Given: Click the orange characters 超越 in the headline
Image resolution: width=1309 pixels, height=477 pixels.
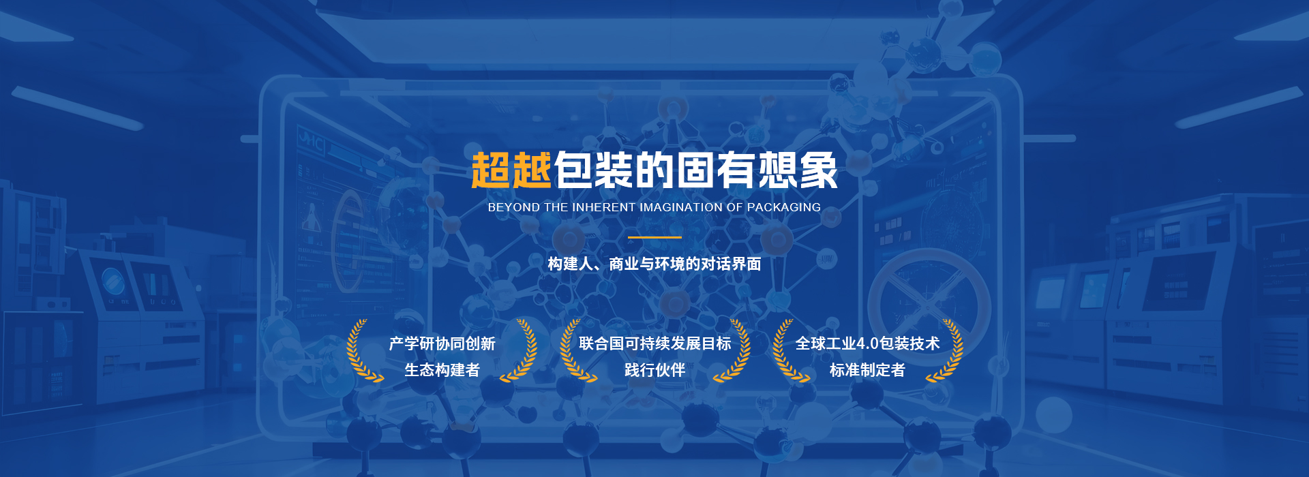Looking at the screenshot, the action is (x=511, y=170).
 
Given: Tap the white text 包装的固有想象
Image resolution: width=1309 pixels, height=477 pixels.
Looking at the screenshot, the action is (x=696, y=170).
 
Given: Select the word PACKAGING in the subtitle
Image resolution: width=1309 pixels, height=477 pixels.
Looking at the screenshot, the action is (x=784, y=207).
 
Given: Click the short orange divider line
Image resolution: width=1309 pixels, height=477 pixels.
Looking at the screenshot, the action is (x=654, y=237).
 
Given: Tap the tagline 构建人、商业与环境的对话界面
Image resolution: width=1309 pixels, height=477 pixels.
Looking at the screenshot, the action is (x=654, y=264).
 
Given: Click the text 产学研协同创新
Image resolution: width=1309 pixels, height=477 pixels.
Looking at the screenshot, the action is (x=442, y=343).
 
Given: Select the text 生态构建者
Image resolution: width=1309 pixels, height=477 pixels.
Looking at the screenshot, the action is (x=442, y=370).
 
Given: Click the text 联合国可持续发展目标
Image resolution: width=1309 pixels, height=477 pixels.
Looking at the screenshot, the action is (x=654, y=343).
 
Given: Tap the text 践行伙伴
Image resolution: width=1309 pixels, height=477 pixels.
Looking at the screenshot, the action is (x=654, y=370).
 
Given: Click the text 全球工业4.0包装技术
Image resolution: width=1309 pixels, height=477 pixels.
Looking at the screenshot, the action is (x=867, y=343).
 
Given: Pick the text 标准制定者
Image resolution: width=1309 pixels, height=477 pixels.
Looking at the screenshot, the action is (x=867, y=370).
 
